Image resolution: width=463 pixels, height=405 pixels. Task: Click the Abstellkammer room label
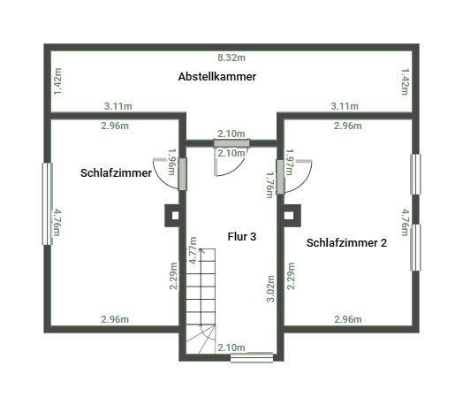coord(216,77)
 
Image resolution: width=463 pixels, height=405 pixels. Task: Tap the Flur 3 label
coord(240,237)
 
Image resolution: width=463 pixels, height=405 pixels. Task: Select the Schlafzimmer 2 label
coord(346,242)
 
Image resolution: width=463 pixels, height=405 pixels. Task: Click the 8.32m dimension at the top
coord(231,57)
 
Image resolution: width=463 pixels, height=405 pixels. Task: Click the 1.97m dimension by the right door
coord(289,162)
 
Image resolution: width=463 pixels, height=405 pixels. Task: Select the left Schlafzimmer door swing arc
coord(165,168)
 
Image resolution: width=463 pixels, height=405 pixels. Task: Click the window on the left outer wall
coord(47,202)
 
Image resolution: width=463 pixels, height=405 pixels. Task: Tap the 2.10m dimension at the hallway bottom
coord(231,348)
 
